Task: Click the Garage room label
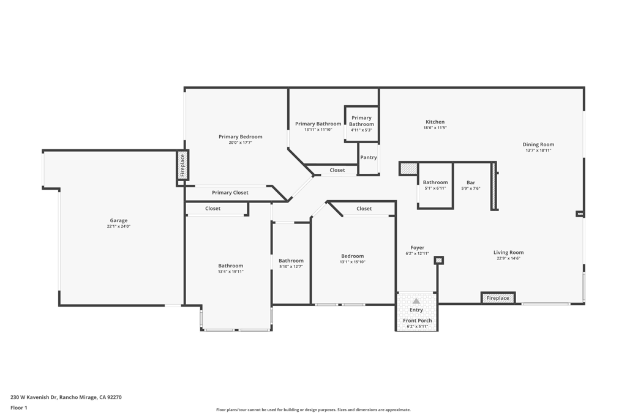tap(119, 220)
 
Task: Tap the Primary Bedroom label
tap(240, 136)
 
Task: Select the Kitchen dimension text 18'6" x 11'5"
tap(435, 128)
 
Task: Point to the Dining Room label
tap(538, 144)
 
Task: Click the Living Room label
tap(508, 252)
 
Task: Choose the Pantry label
tap(368, 157)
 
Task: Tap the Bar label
tap(471, 182)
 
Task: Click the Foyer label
tap(417, 248)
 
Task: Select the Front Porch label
tap(417, 321)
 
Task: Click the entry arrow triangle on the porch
tap(416, 301)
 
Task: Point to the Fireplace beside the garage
tap(182, 165)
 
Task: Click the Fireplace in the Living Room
tap(498, 297)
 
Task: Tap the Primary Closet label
tap(230, 193)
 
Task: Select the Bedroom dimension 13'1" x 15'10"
tap(352, 262)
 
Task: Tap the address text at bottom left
tap(66, 397)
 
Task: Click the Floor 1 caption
tap(19, 408)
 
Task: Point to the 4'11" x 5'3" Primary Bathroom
tap(361, 124)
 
